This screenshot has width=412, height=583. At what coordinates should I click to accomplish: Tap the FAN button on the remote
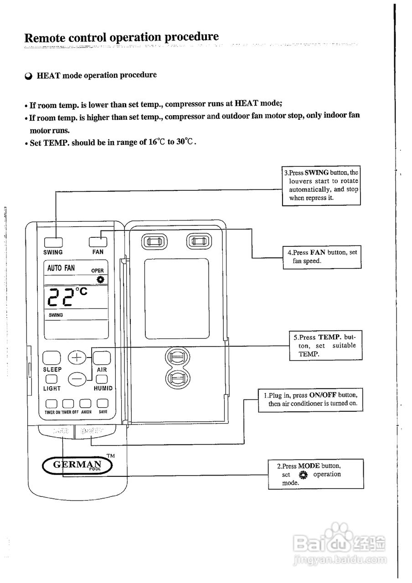(98, 241)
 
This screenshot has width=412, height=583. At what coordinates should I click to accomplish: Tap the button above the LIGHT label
(51, 379)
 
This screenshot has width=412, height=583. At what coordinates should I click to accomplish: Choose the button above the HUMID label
(102, 379)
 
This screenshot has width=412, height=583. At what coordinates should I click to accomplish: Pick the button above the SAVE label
(103, 404)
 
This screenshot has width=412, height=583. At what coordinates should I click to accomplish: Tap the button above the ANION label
(85, 404)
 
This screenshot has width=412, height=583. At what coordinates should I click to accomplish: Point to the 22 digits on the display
(61, 297)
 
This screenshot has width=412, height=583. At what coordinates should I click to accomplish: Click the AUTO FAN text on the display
(61, 268)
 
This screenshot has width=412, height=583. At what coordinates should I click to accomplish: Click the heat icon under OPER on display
(100, 279)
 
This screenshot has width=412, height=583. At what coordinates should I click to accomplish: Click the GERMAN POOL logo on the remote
(77, 465)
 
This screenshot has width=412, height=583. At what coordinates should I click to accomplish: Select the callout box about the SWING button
(321, 185)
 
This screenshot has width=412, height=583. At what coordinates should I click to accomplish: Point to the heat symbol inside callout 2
(304, 475)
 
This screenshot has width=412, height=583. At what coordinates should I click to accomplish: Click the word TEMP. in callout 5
(330, 338)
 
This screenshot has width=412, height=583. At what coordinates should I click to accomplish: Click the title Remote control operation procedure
(121, 37)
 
